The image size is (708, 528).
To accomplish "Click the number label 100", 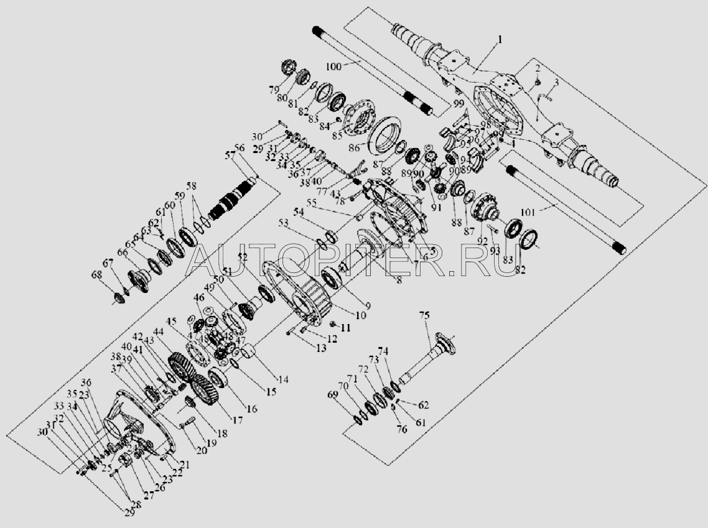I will (333, 65).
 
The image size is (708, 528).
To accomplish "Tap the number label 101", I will (528, 213).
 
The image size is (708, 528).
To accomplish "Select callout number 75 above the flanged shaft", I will (424, 315).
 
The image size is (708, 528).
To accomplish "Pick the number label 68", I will (96, 274).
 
